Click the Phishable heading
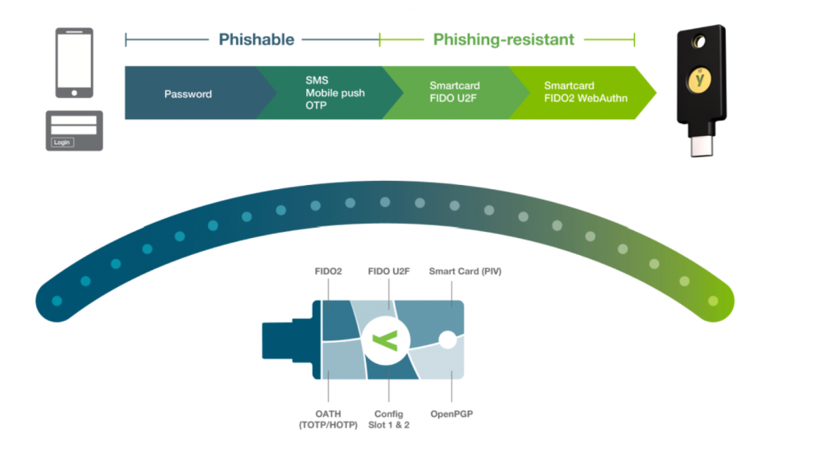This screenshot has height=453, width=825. click(x=256, y=39)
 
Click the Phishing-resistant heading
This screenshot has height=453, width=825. click(x=504, y=39)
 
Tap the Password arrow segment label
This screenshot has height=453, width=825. click(x=188, y=94)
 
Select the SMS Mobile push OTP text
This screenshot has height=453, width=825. click(x=334, y=93)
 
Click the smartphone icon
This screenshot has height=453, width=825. click(x=74, y=63)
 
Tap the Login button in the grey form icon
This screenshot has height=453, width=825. click(x=62, y=142)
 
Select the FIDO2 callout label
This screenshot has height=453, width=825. click(x=327, y=272)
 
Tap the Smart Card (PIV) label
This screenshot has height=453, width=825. click(x=465, y=272)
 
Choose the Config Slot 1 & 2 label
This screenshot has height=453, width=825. click(x=390, y=418)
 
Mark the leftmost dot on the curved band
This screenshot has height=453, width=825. click(x=56, y=301)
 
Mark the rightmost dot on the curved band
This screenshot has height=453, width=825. click(x=712, y=301)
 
